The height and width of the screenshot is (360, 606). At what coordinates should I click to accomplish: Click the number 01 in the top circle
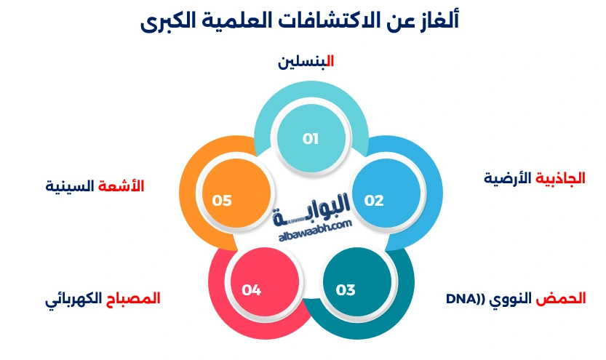coord(311,139)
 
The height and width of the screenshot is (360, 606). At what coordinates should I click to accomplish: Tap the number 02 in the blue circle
coord(374,201)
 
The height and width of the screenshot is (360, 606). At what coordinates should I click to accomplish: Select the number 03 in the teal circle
coord(345,289)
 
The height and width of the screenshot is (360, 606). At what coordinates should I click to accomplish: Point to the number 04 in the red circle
coord(251,289)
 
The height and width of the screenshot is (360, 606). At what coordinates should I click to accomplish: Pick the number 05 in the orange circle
coord(221,201)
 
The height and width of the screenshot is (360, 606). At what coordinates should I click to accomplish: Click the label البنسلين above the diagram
coord(306,62)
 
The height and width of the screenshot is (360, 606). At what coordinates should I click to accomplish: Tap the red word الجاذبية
coord(560,178)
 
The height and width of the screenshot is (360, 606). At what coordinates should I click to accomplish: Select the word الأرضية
coord(508,178)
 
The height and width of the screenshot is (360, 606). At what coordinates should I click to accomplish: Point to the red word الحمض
coord(561,299)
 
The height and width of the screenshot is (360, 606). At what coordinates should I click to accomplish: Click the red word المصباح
coord(133,298)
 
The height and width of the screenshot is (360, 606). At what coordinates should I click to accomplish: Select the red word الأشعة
coord(121,186)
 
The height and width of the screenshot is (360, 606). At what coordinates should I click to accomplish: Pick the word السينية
coord(70,186)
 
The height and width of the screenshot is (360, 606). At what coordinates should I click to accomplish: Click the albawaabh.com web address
coord(316,231)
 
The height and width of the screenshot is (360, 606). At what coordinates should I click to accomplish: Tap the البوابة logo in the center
coord(311,210)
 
